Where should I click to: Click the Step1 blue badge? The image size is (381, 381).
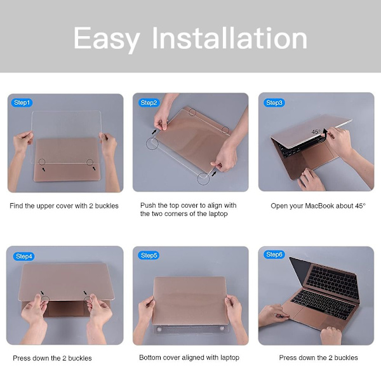[22, 102]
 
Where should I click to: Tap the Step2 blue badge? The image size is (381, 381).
[149, 102]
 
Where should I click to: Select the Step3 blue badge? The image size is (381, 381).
[274, 102]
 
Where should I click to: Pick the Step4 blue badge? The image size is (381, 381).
[23, 257]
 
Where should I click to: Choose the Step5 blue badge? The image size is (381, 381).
[149, 255]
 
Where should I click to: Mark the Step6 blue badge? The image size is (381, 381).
[274, 255]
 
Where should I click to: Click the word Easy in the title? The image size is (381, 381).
[107, 39]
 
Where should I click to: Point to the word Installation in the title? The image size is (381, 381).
[230, 37]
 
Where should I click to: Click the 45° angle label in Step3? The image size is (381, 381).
[316, 131]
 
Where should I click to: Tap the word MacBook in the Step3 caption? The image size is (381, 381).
[319, 206]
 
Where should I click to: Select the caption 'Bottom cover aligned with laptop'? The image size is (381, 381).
[189, 358]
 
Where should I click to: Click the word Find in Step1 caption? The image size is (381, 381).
[16, 206]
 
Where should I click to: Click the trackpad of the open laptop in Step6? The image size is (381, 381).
[307, 316]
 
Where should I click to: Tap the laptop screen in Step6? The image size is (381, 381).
[298, 271]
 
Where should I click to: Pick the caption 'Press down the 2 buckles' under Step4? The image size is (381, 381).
[52, 358]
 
